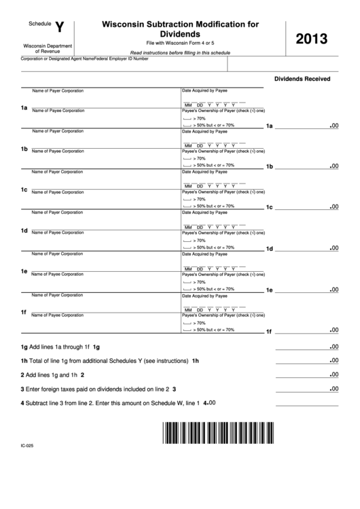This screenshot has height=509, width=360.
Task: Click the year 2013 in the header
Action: (317, 40)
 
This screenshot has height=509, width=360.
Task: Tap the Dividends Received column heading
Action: (302, 79)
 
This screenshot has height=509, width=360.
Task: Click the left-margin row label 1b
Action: (24, 149)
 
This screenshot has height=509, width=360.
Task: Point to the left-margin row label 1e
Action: (24, 271)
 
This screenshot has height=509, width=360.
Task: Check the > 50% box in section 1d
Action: (187, 247)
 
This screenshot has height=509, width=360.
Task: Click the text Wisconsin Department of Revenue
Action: (41, 48)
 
